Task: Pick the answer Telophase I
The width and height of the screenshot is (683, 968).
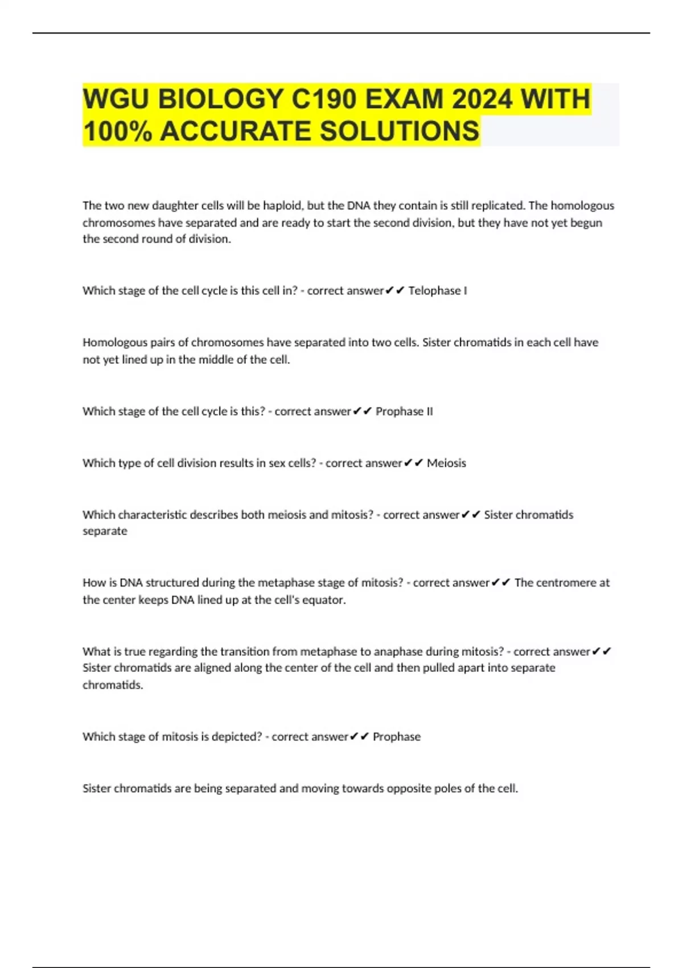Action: (x=437, y=291)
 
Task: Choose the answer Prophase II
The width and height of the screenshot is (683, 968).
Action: (x=404, y=412)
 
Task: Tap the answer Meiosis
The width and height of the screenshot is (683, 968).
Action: (x=446, y=463)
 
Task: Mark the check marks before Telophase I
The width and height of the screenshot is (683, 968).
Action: (x=394, y=291)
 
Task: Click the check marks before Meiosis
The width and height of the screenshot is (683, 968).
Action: (x=413, y=463)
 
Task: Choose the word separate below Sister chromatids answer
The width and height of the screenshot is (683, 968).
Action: (x=105, y=531)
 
